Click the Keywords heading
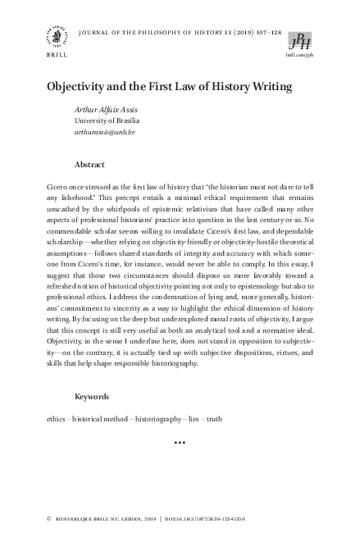(x=92, y=396)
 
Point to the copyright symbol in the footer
(x=50, y=520)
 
